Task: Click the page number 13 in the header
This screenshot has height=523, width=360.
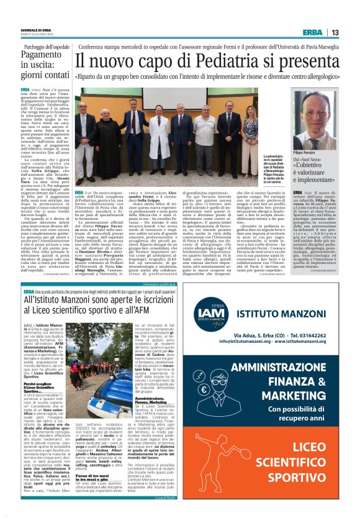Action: [335, 33]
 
